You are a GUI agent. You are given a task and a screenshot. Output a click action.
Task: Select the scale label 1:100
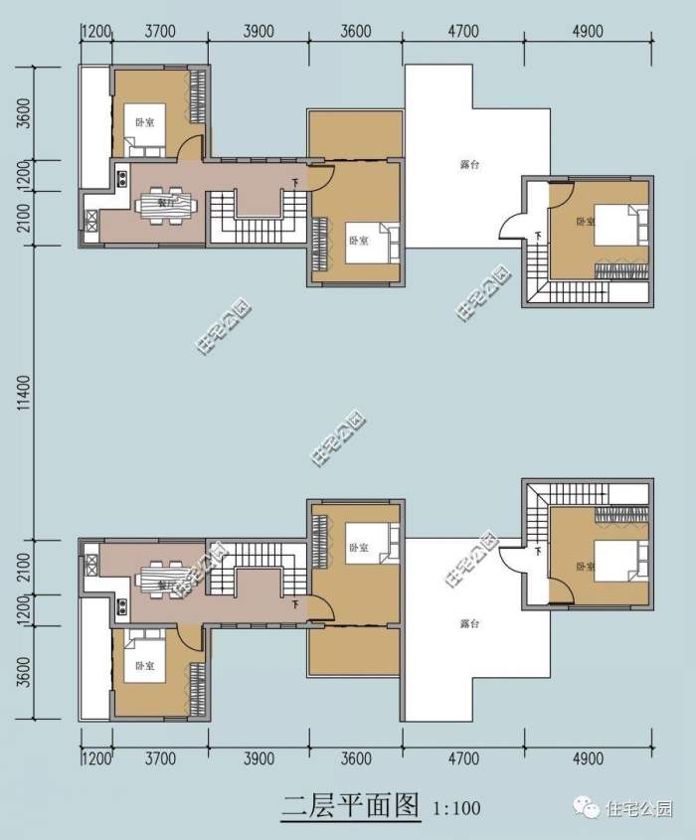(457, 807)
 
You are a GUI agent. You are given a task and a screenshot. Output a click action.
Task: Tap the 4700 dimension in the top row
(463, 31)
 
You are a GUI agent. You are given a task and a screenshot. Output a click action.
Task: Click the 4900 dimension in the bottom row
(588, 758)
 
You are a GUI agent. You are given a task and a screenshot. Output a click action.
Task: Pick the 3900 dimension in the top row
(259, 31)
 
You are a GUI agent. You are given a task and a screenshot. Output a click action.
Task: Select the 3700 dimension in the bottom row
(160, 758)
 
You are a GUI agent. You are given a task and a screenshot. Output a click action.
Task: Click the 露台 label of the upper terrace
(470, 165)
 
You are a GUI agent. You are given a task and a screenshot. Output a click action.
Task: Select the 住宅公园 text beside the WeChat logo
(640, 808)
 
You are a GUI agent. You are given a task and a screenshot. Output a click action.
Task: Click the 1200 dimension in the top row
(95, 31)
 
